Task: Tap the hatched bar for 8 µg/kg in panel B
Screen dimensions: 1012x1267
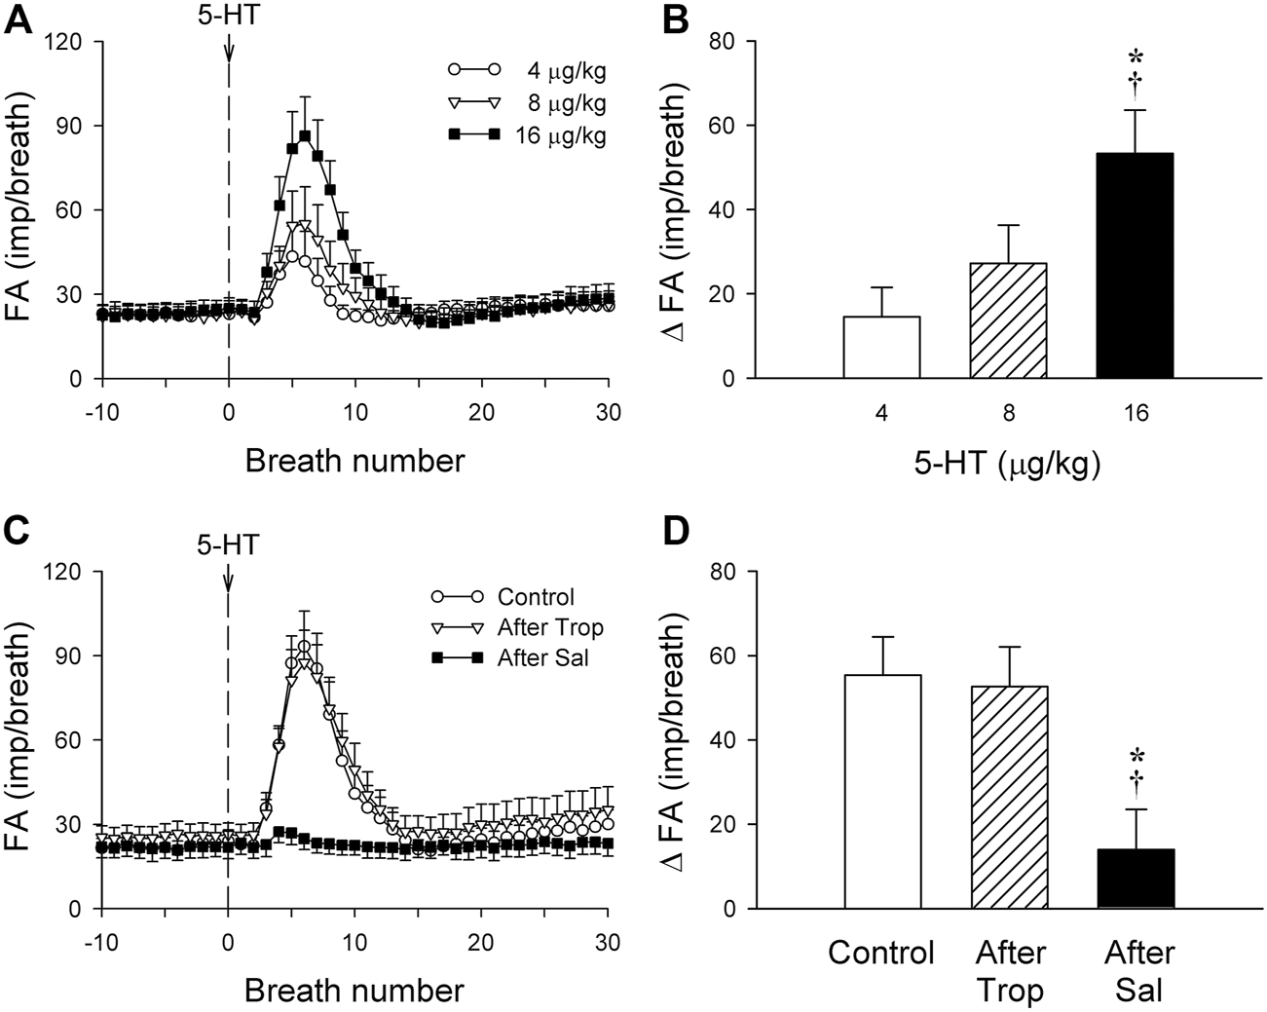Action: [1008, 320]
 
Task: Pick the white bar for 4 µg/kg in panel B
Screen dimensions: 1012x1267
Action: [881, 347]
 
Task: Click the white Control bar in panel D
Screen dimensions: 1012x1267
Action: [881, 791]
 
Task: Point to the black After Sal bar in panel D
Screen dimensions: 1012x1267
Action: [1135, 878]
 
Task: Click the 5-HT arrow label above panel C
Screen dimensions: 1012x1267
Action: [228, 545]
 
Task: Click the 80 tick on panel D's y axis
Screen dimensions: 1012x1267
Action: [725, 571]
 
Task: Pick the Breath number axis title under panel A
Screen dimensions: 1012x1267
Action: [354, 460]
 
